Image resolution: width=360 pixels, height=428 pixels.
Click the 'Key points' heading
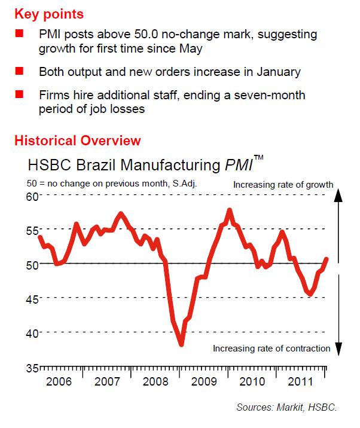48,13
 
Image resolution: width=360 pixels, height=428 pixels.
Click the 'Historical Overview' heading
78,141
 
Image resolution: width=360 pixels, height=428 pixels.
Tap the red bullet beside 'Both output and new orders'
19,71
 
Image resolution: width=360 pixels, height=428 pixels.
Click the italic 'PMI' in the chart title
237,165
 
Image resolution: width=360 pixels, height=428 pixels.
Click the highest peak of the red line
230,210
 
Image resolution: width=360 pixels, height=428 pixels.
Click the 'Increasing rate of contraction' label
271,348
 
